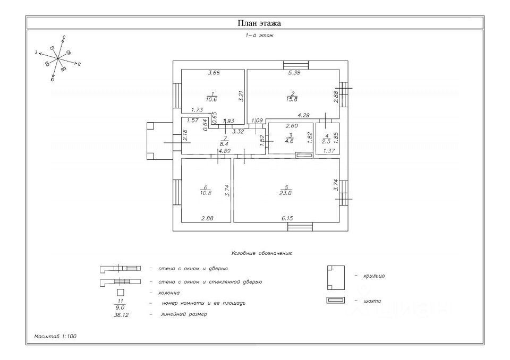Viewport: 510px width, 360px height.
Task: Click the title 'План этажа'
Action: [259, 23]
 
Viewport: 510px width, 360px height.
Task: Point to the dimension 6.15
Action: [287, 218]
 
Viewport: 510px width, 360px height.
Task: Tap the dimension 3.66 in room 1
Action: [214, 73]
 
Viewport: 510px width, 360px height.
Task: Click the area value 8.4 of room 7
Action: [224, 143]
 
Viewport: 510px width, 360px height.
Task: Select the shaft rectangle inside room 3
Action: [304, 155]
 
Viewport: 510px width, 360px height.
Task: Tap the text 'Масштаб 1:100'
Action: [55, 336]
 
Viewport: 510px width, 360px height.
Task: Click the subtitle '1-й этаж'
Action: [259, 36]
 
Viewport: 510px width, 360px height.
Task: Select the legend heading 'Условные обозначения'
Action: [262, 254]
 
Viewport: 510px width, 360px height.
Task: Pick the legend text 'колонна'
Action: [169, 293]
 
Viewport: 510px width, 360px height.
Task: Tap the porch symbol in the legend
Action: [336, 277]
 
